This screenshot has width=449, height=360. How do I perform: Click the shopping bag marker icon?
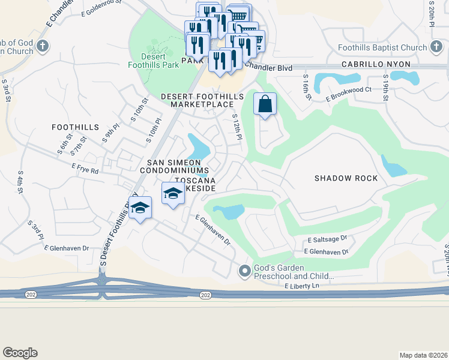[265, 104]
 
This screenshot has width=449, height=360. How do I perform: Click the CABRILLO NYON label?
[376, 64]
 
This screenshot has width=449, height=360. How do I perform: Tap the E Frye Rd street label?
[85, 170]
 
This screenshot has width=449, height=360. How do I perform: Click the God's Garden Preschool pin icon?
[244, 271]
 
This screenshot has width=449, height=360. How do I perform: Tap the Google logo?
[20, 353]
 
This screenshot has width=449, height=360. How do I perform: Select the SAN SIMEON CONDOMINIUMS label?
[174, 167]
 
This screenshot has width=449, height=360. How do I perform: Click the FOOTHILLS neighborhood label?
[75, 127]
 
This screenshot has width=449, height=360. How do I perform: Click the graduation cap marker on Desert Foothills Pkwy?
[140, 208]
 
